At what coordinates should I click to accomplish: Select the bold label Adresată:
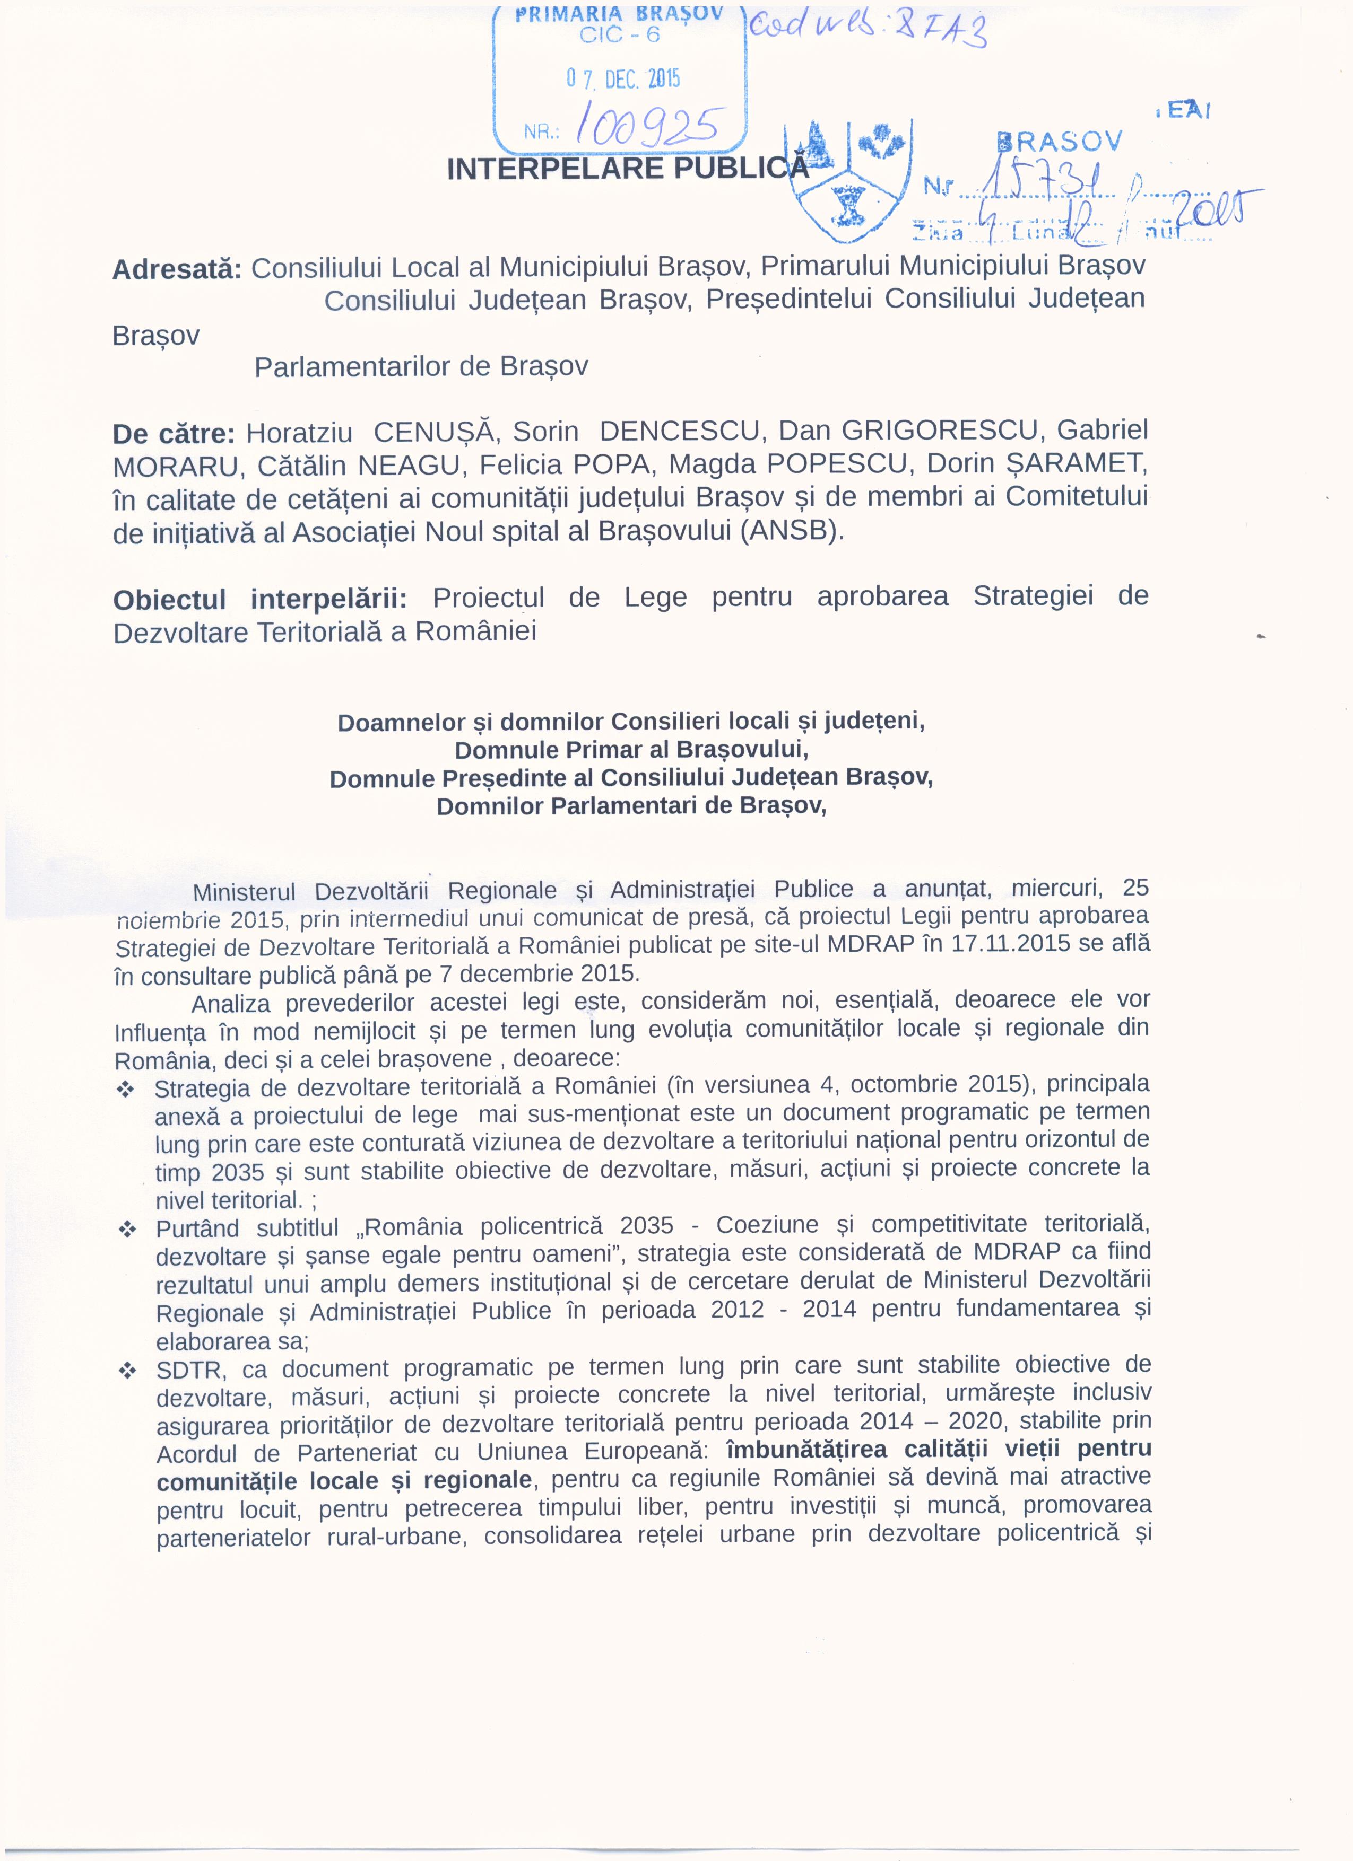point(177,269)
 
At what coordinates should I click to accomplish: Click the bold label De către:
point(174,433)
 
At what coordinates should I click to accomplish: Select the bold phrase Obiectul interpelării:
point(261,600)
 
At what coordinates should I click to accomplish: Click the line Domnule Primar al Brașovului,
point(631,750)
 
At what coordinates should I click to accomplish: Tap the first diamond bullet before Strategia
point(126,1090)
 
